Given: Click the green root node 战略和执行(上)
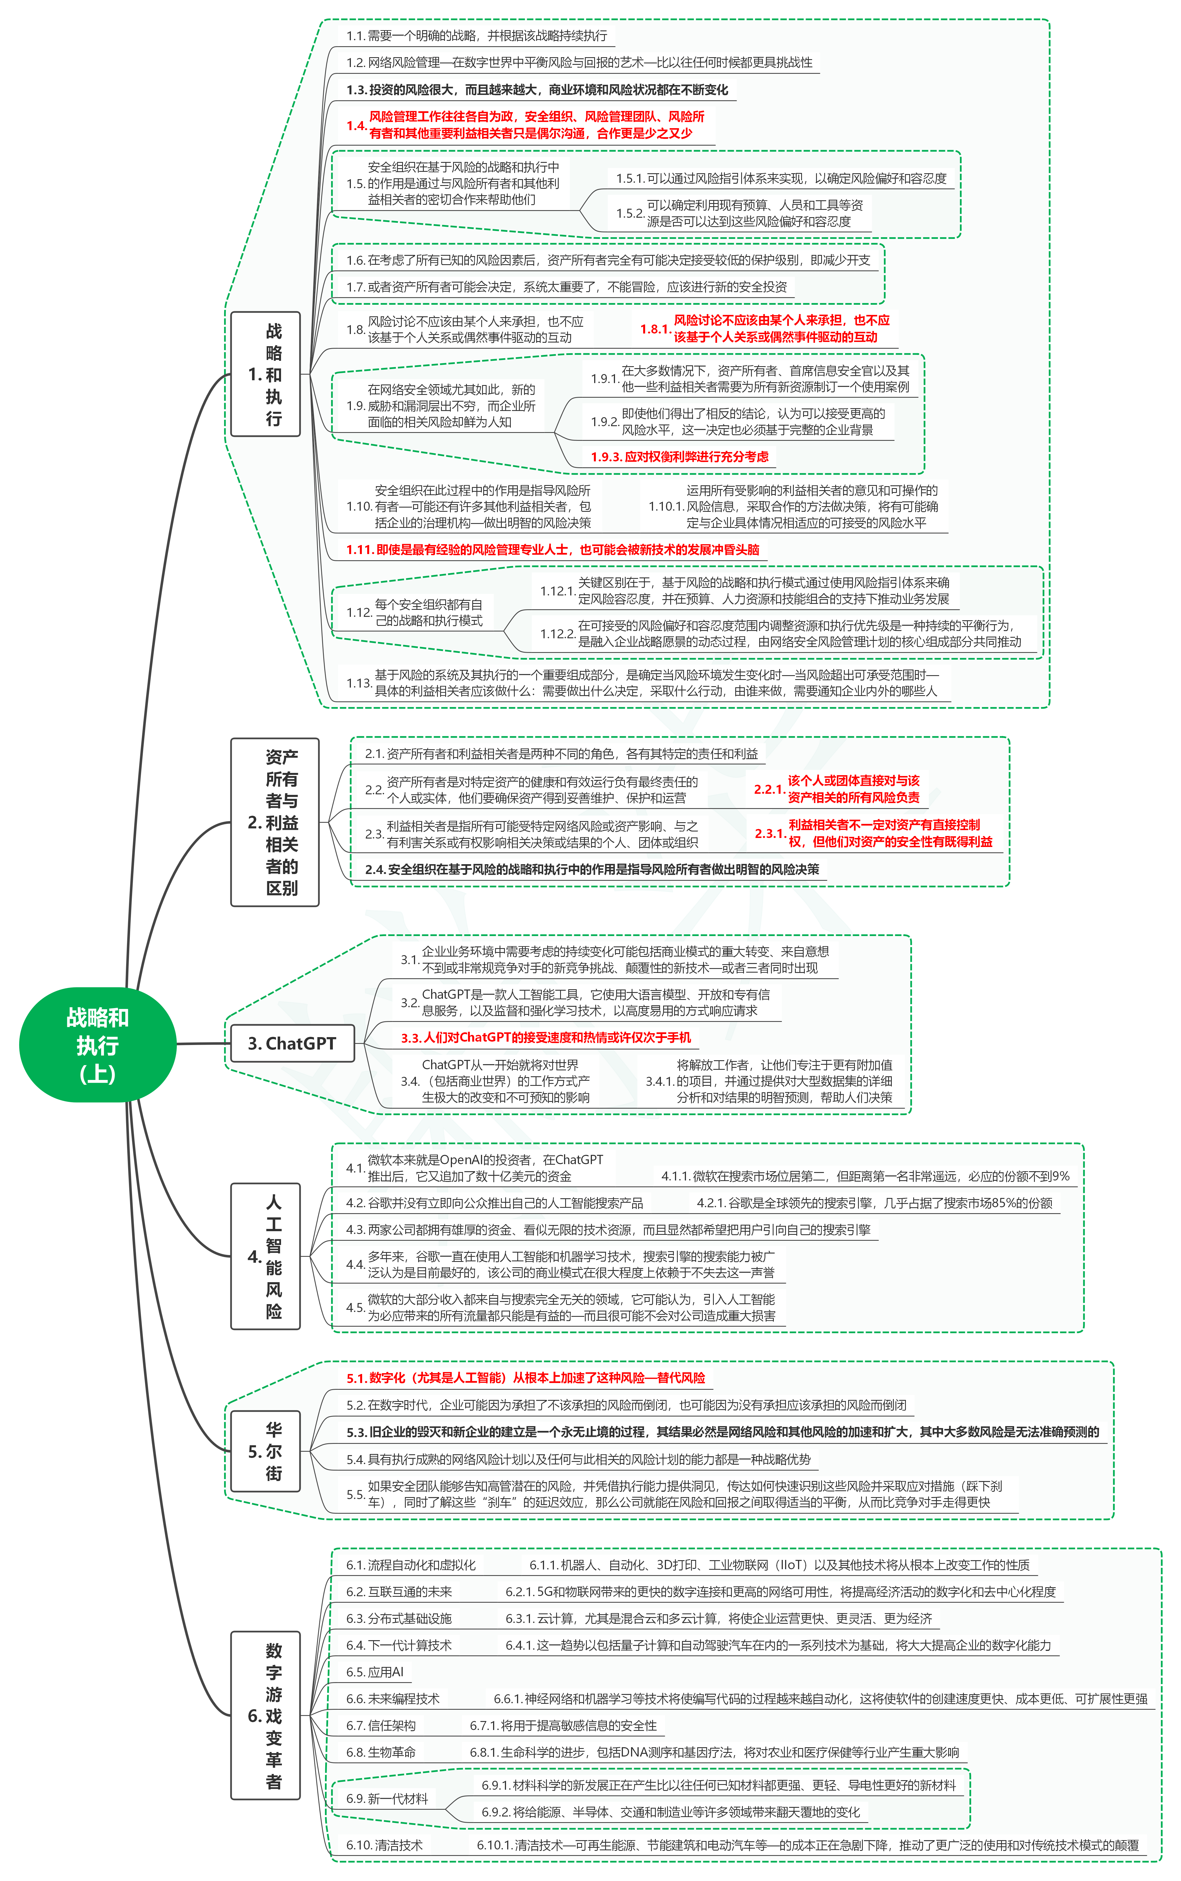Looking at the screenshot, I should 97,1044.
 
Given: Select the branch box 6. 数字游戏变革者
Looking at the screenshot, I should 266,1715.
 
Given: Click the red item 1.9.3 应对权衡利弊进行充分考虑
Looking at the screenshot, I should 679,457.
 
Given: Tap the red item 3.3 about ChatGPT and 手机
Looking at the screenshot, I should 545,1037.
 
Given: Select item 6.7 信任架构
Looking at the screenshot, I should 381,1726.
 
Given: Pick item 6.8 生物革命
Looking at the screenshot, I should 381,1752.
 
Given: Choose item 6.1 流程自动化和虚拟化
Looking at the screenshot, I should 411,1565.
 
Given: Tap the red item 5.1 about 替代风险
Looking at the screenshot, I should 526,1378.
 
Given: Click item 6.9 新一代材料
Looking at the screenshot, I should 387,1798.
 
